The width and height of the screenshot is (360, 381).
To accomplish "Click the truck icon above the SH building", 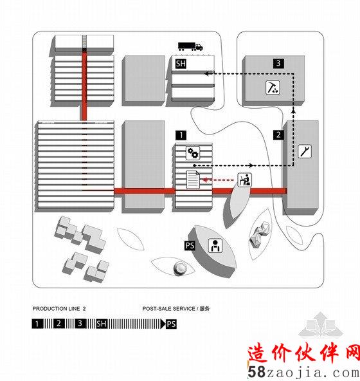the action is [190, 46].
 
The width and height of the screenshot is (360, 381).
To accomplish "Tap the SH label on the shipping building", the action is [181, 64].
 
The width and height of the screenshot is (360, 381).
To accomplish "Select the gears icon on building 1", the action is [193, 153].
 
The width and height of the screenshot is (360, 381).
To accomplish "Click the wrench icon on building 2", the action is [305, 151].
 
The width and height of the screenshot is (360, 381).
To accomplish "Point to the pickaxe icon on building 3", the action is [273, 88].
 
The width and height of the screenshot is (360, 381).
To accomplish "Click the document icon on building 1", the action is [193, 180].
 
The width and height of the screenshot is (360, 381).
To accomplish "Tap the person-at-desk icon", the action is [245, 180].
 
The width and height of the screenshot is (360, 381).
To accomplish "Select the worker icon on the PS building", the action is [215, 245].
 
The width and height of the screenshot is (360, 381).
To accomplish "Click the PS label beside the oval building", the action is [190, 245].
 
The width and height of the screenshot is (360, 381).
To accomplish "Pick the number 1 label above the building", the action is [181, 135].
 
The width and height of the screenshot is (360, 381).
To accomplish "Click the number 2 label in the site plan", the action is [278, 135].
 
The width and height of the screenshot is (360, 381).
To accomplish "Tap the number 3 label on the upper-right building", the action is [278, 63].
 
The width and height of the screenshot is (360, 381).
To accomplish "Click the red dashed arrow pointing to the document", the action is [218, 180].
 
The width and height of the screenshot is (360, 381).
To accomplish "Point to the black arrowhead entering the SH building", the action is [207, 73].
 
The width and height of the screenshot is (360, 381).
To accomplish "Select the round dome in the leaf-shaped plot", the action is [180, 268].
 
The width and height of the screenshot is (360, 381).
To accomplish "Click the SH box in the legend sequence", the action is [102, 324].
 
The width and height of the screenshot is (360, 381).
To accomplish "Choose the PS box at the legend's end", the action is [171, 324].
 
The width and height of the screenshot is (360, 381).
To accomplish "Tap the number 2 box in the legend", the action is [59, 324].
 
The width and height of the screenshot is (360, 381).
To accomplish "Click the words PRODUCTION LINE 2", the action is [59, 309].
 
